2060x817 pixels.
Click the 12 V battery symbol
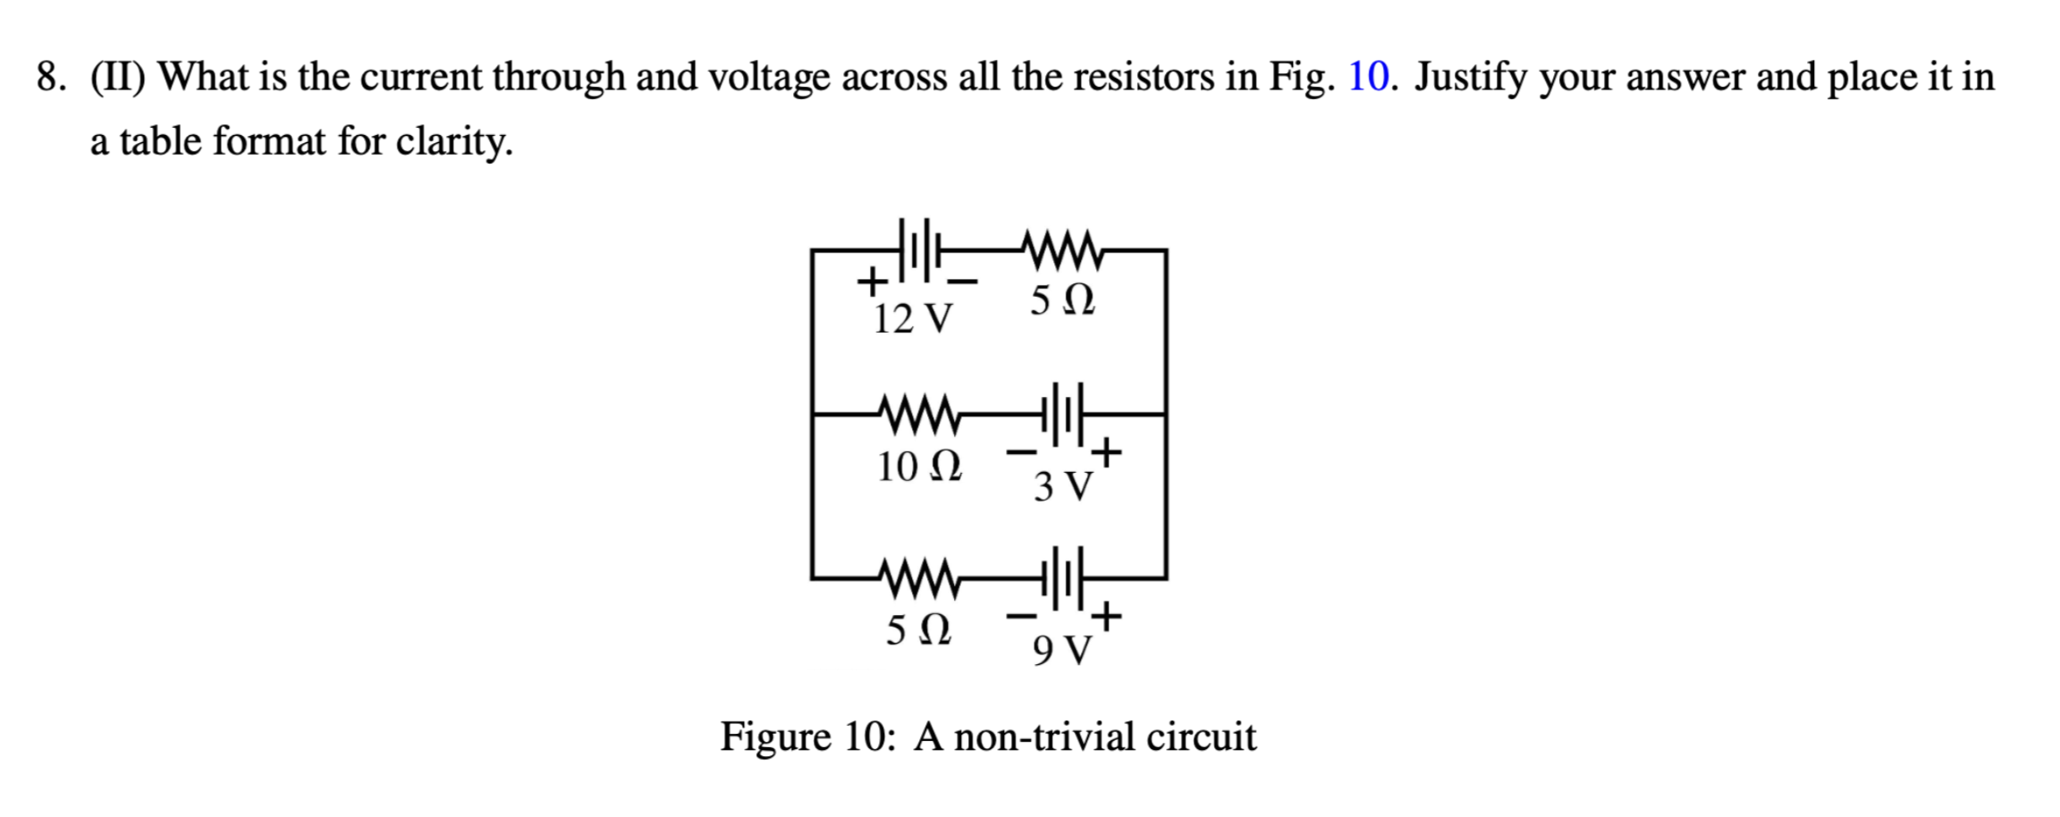pos(918,250)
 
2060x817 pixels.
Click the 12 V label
pos(913,319)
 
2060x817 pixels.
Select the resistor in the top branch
pos(1061,250)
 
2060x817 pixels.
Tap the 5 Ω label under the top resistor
pos(1062,300)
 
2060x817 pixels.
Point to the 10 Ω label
pos(918,466)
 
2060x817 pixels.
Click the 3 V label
pos(1062,487)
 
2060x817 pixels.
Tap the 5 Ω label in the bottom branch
pos(918,630)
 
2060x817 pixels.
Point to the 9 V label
pos(1062,651)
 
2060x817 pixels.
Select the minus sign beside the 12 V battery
pos(962,282)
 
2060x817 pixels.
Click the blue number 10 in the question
pos(1368,77)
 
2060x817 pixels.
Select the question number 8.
pos(49,77)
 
